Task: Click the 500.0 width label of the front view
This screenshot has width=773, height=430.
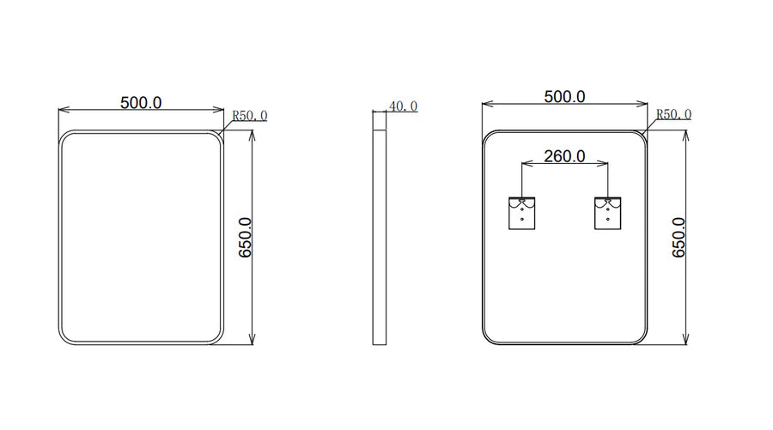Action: pyautogui.click(x=141, y=102)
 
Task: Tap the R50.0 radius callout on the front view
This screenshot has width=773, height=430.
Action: pyautogui.click(x=249, y=115)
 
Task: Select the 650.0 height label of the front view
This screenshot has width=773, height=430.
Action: pyautogui.click(x=245, y=238)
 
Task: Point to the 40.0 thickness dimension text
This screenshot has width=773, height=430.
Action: pyautogui.click(x=404, y=106)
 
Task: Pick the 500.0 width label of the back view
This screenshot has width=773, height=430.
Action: pyautogui.click(x=565, y=96)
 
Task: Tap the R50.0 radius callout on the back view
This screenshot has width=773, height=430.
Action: pyautogui.click(x=673, y=114)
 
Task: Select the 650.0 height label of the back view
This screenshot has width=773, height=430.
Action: pyautogui.click(x=679, y=238)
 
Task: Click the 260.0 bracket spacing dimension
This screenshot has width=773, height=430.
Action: pyautogui.click(x=565, y=156)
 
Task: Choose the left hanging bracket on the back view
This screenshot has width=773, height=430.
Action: pyautogui.click(x=521, y=213)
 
